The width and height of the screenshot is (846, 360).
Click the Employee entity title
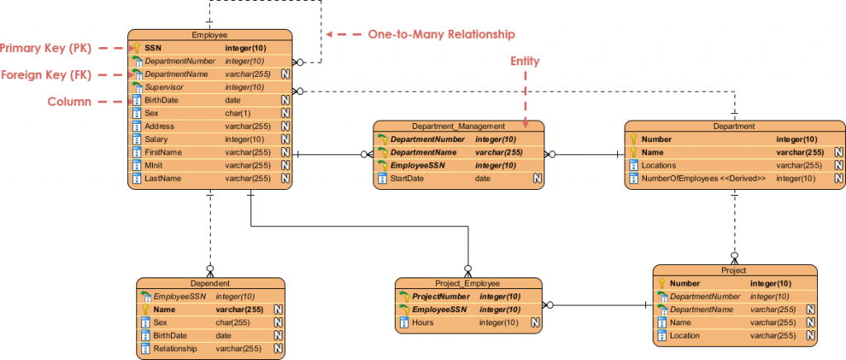209,35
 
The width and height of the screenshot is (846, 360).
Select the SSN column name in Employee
153,48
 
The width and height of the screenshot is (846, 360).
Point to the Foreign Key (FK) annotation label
46,74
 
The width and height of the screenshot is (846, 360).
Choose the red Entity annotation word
525,61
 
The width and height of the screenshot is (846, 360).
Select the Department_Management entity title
458,126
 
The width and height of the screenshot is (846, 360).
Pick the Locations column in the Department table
660,165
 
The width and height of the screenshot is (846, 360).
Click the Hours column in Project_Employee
423,323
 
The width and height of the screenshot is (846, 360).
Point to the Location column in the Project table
686,336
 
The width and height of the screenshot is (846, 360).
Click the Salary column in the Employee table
156,140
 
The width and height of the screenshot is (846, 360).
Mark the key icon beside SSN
137,48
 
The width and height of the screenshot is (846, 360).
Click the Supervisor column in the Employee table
164,87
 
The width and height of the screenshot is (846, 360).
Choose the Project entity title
734,270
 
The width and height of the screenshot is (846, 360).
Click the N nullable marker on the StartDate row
536,178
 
